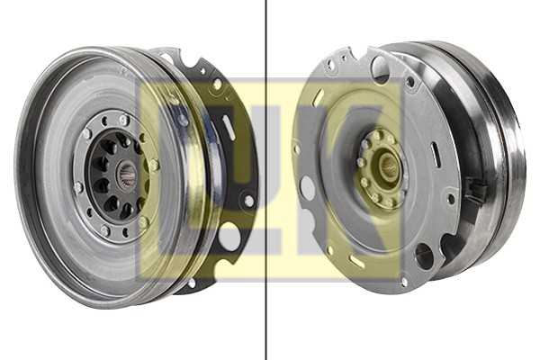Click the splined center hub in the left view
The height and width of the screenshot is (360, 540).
[129, 174]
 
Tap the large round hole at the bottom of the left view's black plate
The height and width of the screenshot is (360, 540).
[229, 237]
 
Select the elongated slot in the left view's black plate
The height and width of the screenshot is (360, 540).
[229, 122]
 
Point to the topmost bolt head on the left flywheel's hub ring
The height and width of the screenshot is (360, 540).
[124, 120]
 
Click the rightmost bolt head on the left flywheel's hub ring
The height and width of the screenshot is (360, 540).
[154, 165]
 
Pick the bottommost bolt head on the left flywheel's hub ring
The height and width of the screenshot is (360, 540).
[105, 229]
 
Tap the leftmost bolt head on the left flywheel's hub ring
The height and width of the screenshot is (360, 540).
[78, 187]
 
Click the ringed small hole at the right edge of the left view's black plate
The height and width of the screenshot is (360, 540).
[248, 201]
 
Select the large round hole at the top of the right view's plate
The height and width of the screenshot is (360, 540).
[381, 69]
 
